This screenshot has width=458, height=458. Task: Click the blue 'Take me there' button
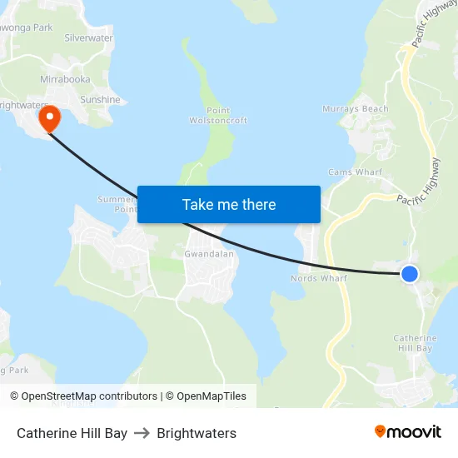[x=229, y=204]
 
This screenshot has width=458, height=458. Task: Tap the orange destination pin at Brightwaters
[x=50, y=117]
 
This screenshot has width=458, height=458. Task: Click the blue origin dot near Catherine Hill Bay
[x=409, y=273]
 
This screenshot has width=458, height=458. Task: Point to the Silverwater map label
[x=88, y=38]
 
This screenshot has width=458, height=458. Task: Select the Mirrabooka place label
[x=65, y=79]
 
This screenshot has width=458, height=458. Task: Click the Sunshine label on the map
[x=100, y=100]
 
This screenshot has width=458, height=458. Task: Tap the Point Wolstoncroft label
[x=218, y=116]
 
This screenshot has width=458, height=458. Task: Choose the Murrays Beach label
[x=356, y=109]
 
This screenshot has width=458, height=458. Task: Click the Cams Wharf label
[x=355, y=172]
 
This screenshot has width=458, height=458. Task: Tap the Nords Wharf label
[x=318, y=278]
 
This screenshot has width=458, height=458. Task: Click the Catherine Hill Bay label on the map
[x=414, y=343]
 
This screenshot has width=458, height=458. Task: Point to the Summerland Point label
[x=117, y=204]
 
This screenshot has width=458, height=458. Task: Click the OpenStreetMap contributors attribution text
[x=83, y=396]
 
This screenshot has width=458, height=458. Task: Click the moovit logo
[x=408, y=431]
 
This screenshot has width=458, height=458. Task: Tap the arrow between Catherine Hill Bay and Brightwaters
[x=142, y=433]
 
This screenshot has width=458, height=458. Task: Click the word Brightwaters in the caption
[x=197, y=433]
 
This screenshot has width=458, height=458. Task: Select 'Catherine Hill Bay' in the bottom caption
[x=72, y=433]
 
